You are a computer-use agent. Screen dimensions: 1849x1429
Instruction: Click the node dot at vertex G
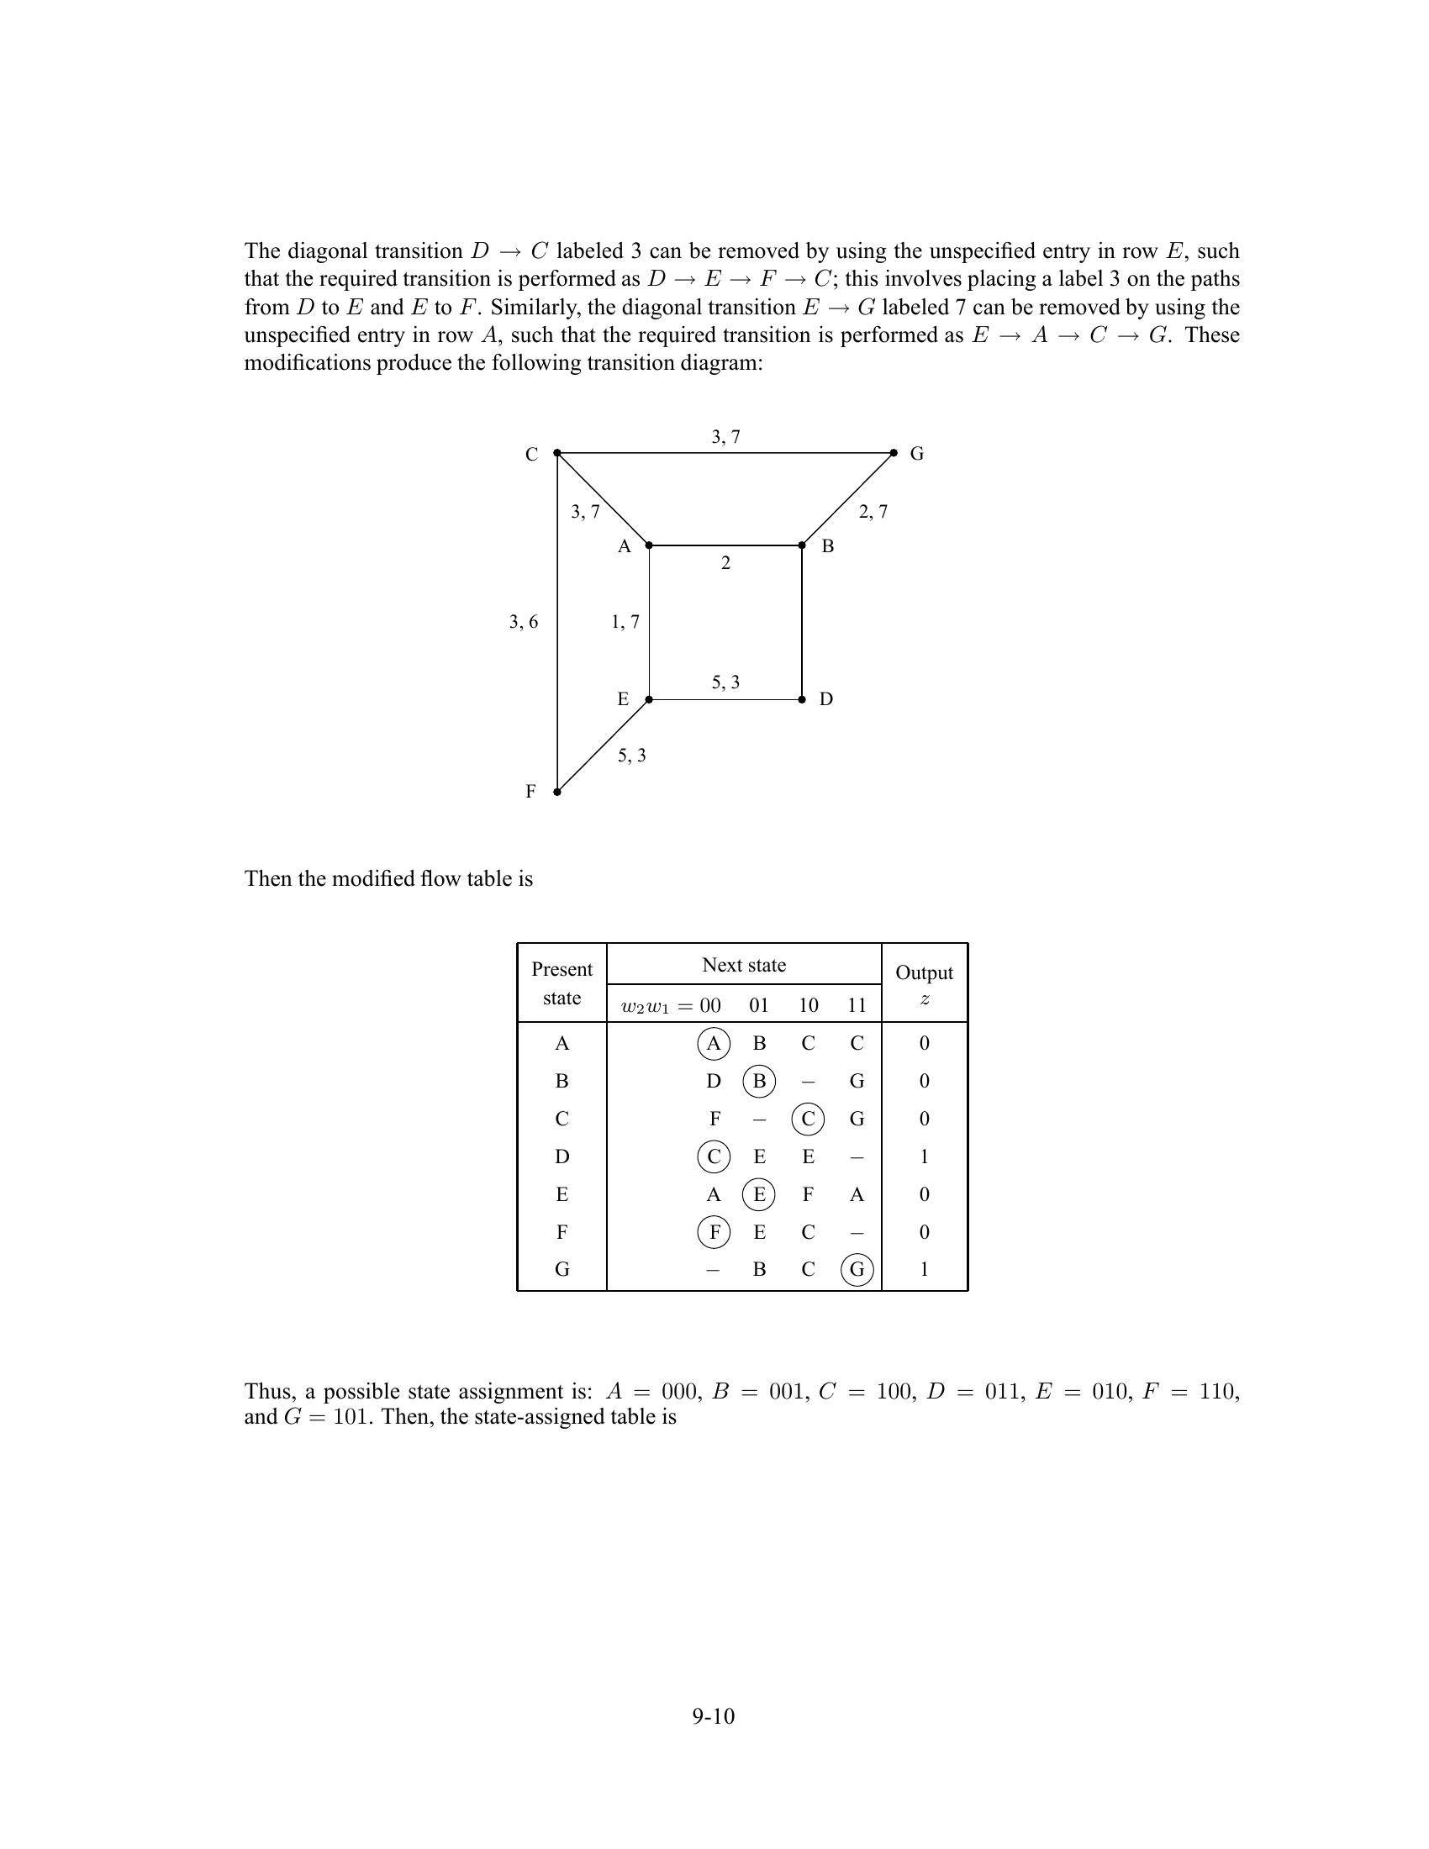[894, 453]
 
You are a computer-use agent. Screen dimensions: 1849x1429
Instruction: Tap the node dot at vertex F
[557, 792]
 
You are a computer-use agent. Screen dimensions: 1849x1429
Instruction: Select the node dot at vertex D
[802, 699]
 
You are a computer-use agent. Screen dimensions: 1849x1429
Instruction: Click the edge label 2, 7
[873, 511]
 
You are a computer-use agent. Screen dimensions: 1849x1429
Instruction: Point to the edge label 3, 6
[523, 622]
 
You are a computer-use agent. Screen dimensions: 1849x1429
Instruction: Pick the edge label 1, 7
[625, 622]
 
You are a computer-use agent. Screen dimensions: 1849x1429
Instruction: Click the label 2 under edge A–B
[725, 563]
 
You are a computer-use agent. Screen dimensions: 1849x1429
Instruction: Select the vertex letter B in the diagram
[828, 547]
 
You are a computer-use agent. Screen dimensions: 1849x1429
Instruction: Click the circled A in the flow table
[714, 1043]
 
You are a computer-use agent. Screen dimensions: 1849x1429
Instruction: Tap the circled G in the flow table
[857, 1269]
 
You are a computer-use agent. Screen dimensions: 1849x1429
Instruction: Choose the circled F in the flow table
[714, 1232]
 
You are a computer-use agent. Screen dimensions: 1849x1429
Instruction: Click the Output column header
[924, 972]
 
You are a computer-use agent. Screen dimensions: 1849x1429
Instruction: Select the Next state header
[743, 965]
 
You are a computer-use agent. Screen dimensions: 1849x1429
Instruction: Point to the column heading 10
[809, 1005]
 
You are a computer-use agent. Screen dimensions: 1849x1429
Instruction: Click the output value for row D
[924, 1156]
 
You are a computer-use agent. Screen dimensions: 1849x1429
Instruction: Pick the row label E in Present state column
[562, 1194]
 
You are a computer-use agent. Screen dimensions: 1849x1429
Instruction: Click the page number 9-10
[714, 1716]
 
